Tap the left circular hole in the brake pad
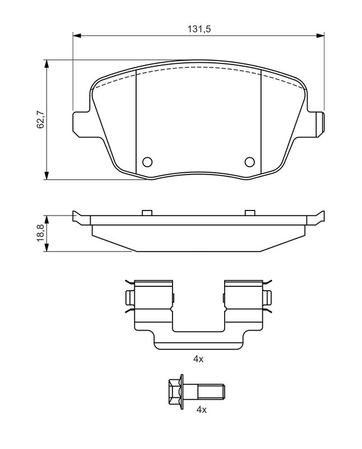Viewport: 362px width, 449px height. coord(147,162)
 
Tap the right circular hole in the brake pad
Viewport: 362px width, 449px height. coord(250,162)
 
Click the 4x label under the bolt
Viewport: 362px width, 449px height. coord(201,410)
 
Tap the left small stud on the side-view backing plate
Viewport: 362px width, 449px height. coord(147,213)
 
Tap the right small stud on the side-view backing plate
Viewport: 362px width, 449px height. coord(250,213)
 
